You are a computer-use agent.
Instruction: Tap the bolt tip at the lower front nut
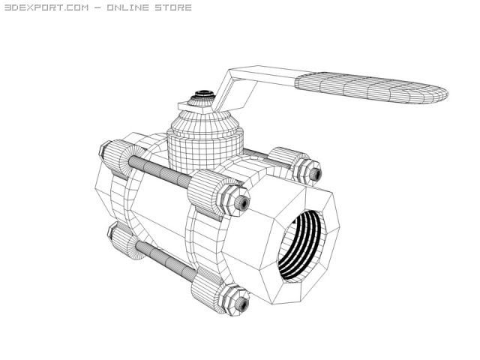click(x=241, y=303)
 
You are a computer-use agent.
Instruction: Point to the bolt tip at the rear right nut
click(x=316, y=174)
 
